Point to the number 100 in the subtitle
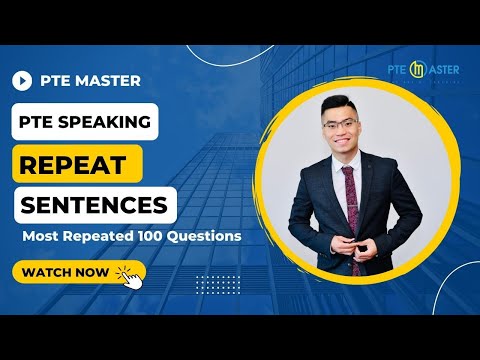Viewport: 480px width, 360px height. click(138, 237)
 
